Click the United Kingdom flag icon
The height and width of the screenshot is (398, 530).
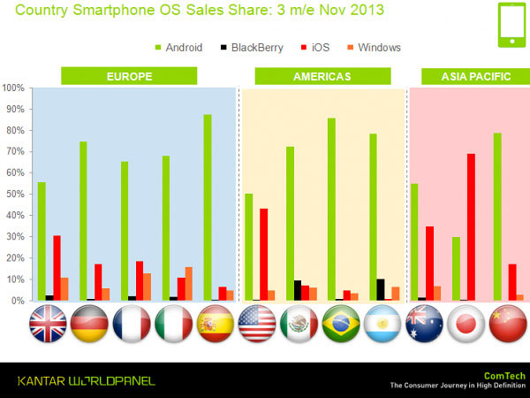click(47, 325)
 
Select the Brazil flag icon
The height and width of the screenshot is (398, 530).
click(340, 325)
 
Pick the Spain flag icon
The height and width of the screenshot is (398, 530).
click(213, 325)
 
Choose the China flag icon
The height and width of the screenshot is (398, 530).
click(506, 325)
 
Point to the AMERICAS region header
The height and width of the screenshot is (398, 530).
click(322, 76)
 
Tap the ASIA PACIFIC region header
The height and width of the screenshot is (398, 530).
click(475, 76)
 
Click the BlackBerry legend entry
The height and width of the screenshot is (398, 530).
click(252, 47)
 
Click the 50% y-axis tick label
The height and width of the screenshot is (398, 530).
click(15, 195)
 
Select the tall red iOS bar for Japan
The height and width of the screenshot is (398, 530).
click(471, 227)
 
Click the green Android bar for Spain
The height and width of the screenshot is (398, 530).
click(207, 208)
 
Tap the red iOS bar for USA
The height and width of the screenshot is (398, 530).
click(263, 255)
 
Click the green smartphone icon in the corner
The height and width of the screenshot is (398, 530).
click(512, 26)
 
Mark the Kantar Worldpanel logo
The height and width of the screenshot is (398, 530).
click(86, 380)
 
